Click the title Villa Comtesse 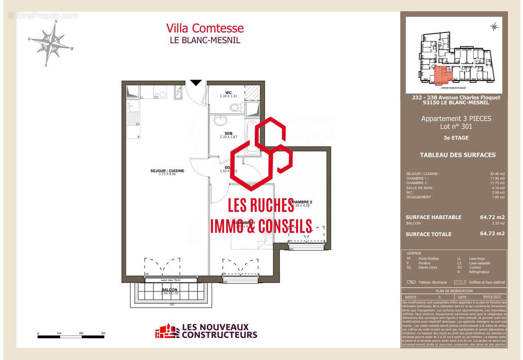(x=205, y=28)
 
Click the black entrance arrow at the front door (x=196, y=83)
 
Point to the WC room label (x=228, y=93)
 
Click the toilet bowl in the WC (x=234, y=108)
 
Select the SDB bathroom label (x=229, y=133)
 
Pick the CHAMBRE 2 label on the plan (x=301, y=202)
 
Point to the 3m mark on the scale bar (x=103, y=333)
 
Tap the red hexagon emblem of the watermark (x=261, y=153)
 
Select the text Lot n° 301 (x=456, y=127)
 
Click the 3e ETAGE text (x=456, y=138)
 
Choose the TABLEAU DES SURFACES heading (x=457, y=155)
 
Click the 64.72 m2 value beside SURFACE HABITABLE (x=492, y=217)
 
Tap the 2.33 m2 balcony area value (x=497, y=223)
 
